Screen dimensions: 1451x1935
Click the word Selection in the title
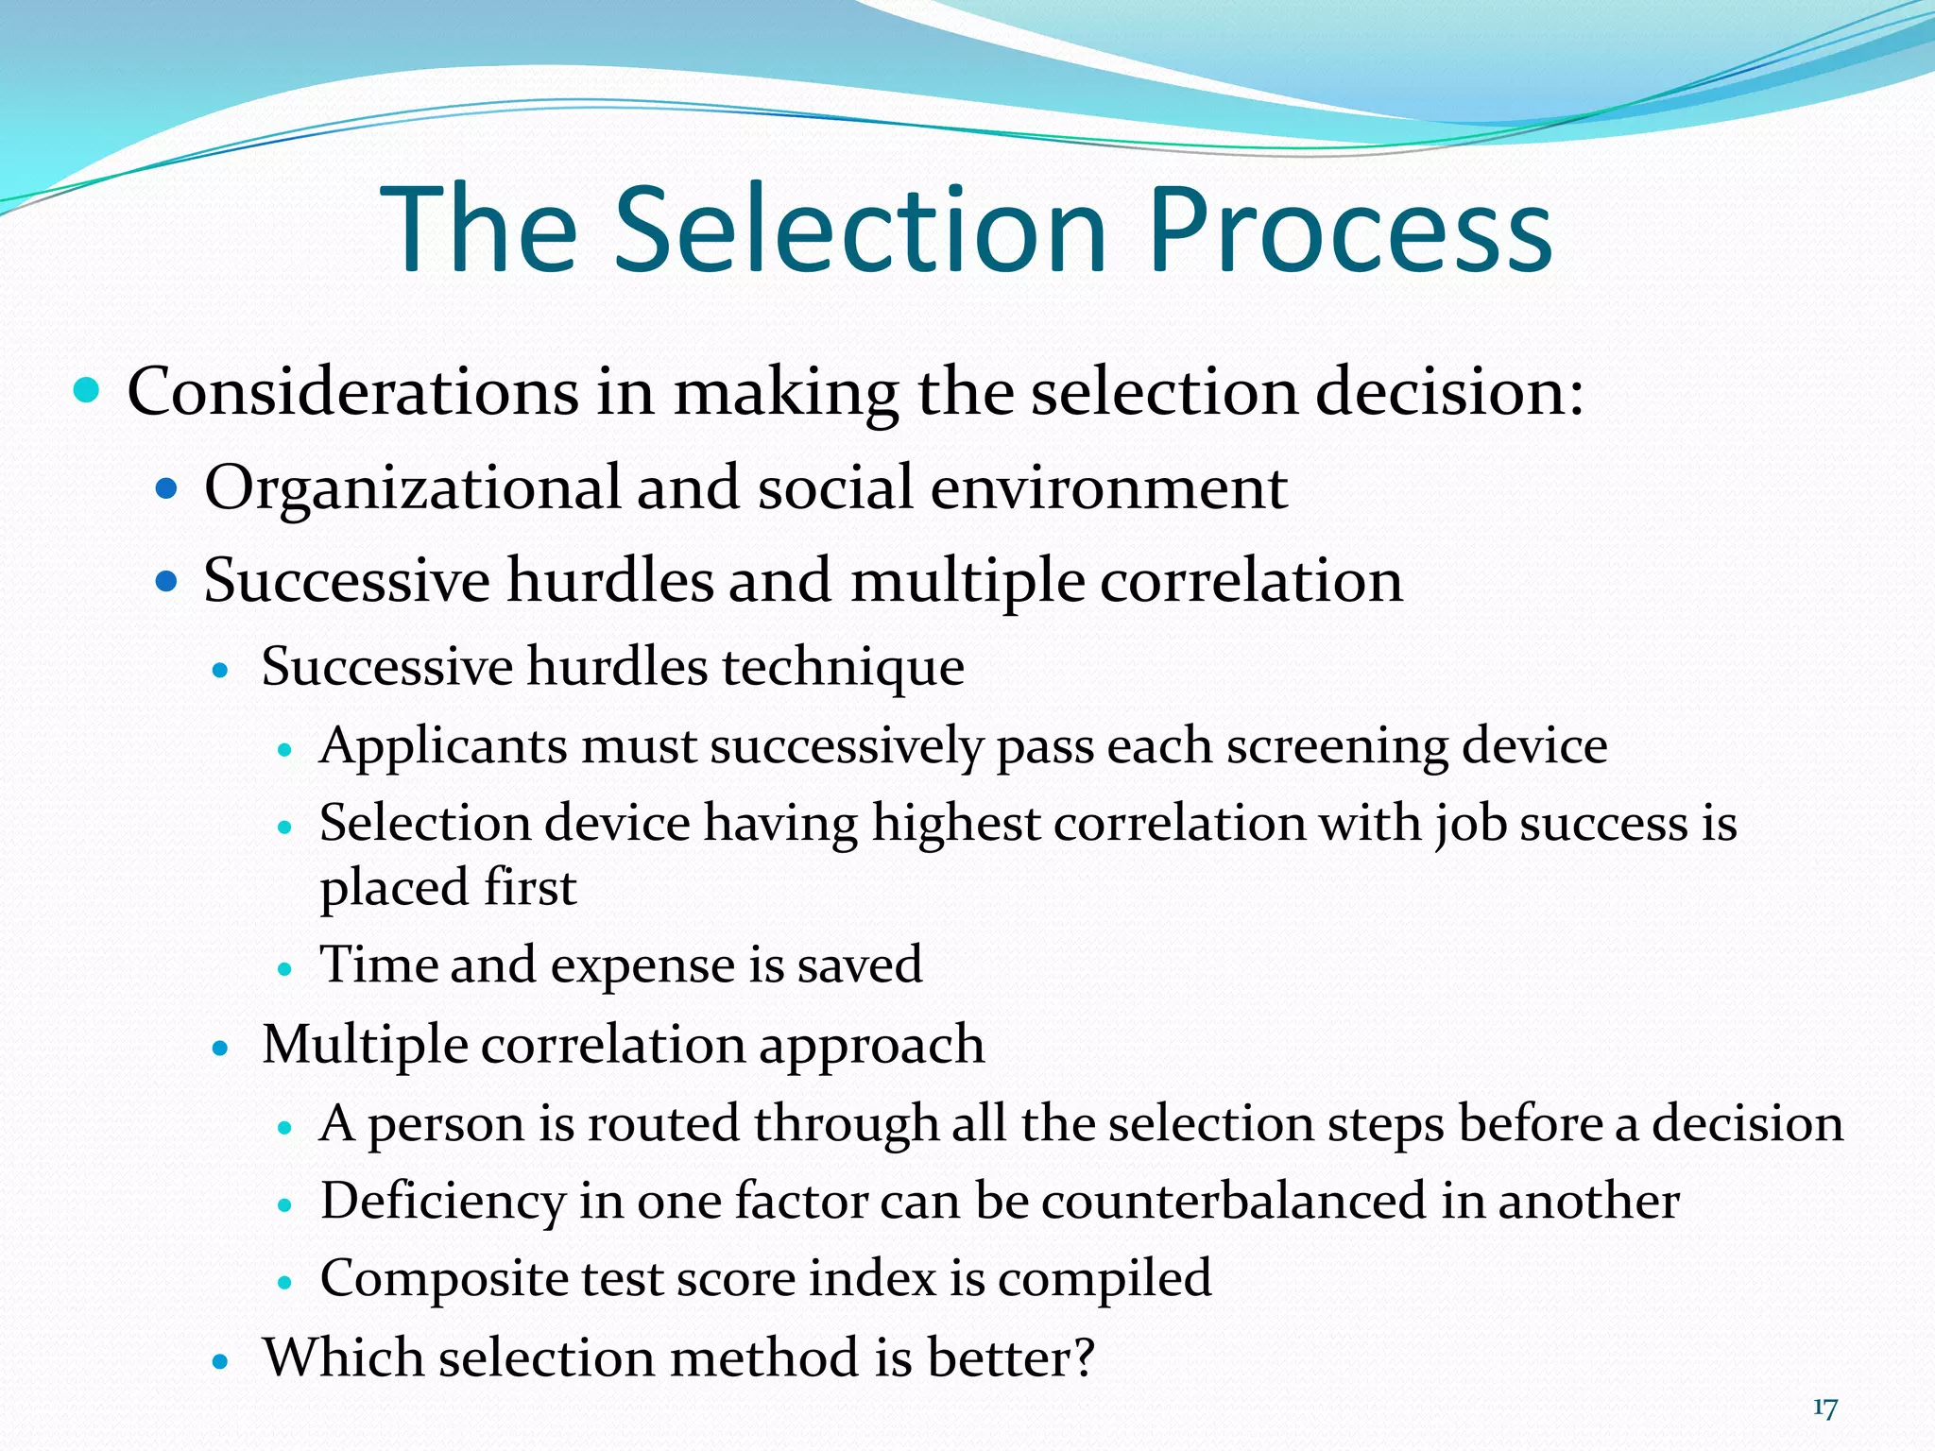pyautogui.click(x=861, y=230)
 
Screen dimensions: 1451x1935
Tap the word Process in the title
pyautogui.click(x=1350, y=230)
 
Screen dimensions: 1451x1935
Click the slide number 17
pyautogui.click(x=1824, y=1408)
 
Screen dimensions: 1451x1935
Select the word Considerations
pyautogui.click(x=352, y=392)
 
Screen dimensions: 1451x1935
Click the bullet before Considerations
pyautogui.click(x=86, y=390)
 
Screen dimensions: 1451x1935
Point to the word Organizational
pyautogui.click(x=412, y=488)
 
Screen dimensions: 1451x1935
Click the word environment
pyautogui.click(x=1108, y=488)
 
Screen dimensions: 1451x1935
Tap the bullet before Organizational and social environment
pyautogui.click(x=167, y=488)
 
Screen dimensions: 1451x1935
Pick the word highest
pyautogui.click(x=955, y=823)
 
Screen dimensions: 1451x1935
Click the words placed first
pyautogui.click(x=448, y=887)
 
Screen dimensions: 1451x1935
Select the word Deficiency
pyautogui.click(x=442, y=1202)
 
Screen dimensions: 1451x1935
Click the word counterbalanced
pyautogui.click(x=1233, y=1202)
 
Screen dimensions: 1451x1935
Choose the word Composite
pyautogui.click(x=443, y=1279)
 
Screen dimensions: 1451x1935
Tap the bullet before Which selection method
pyautogui.click(x=221, y=1361)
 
